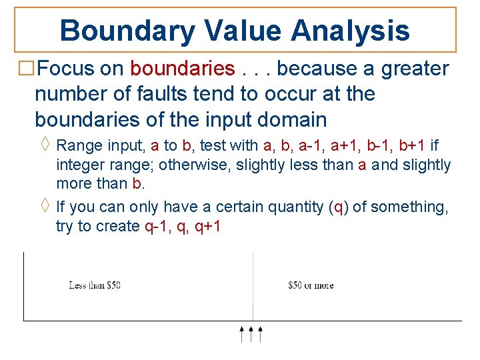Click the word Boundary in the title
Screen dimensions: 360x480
pos(127,30)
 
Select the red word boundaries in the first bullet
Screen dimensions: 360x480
pos(183,69)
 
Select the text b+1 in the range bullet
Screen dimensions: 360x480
pos(413,145)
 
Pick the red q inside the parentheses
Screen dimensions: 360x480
pos(339,207)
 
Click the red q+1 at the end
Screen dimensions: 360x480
pos(207,226)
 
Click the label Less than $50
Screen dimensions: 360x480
pos(95,285)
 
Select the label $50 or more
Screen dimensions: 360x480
pos(311,285)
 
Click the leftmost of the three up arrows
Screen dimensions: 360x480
pos(242,334)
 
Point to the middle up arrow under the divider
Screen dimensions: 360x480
pos(251,334)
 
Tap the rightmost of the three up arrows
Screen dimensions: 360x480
pos(261,334)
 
